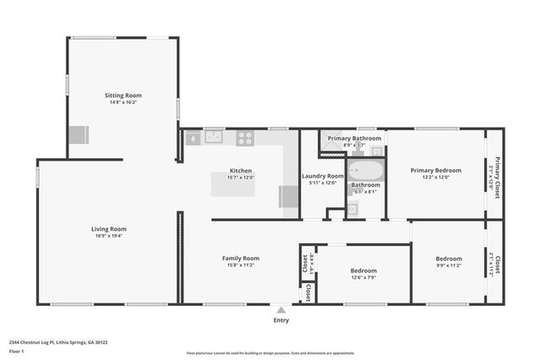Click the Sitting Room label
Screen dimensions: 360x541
pyautogui.click(x=123, y=95)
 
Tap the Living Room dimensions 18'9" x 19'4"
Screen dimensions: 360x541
pyautogui.click(x=109, y=237)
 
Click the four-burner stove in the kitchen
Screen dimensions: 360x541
pyautogui.click(x=245, y=138)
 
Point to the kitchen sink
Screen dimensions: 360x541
pyautogui.click(x=213, y=138)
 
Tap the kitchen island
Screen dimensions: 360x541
pyautogui.click(x=232, y=184)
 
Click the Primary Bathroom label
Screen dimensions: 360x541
pyautogui.click(x=354, y=138)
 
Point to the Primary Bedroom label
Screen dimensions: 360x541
pyautogui.click(x=436, y=170)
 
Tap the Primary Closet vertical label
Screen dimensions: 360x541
pyautogui.click(x=498, y=177)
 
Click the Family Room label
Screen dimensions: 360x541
pyautogui.click(x=241, y=258)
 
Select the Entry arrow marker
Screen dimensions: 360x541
pyautogui.click(x=281, y=310)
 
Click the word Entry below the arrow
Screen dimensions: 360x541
pyautogui.click(x=281, y=320)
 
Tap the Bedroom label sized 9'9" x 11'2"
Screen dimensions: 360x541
pyautogui.click(x=449, y=259)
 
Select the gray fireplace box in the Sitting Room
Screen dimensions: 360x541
pyautogui.click(x=79, y=135)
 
